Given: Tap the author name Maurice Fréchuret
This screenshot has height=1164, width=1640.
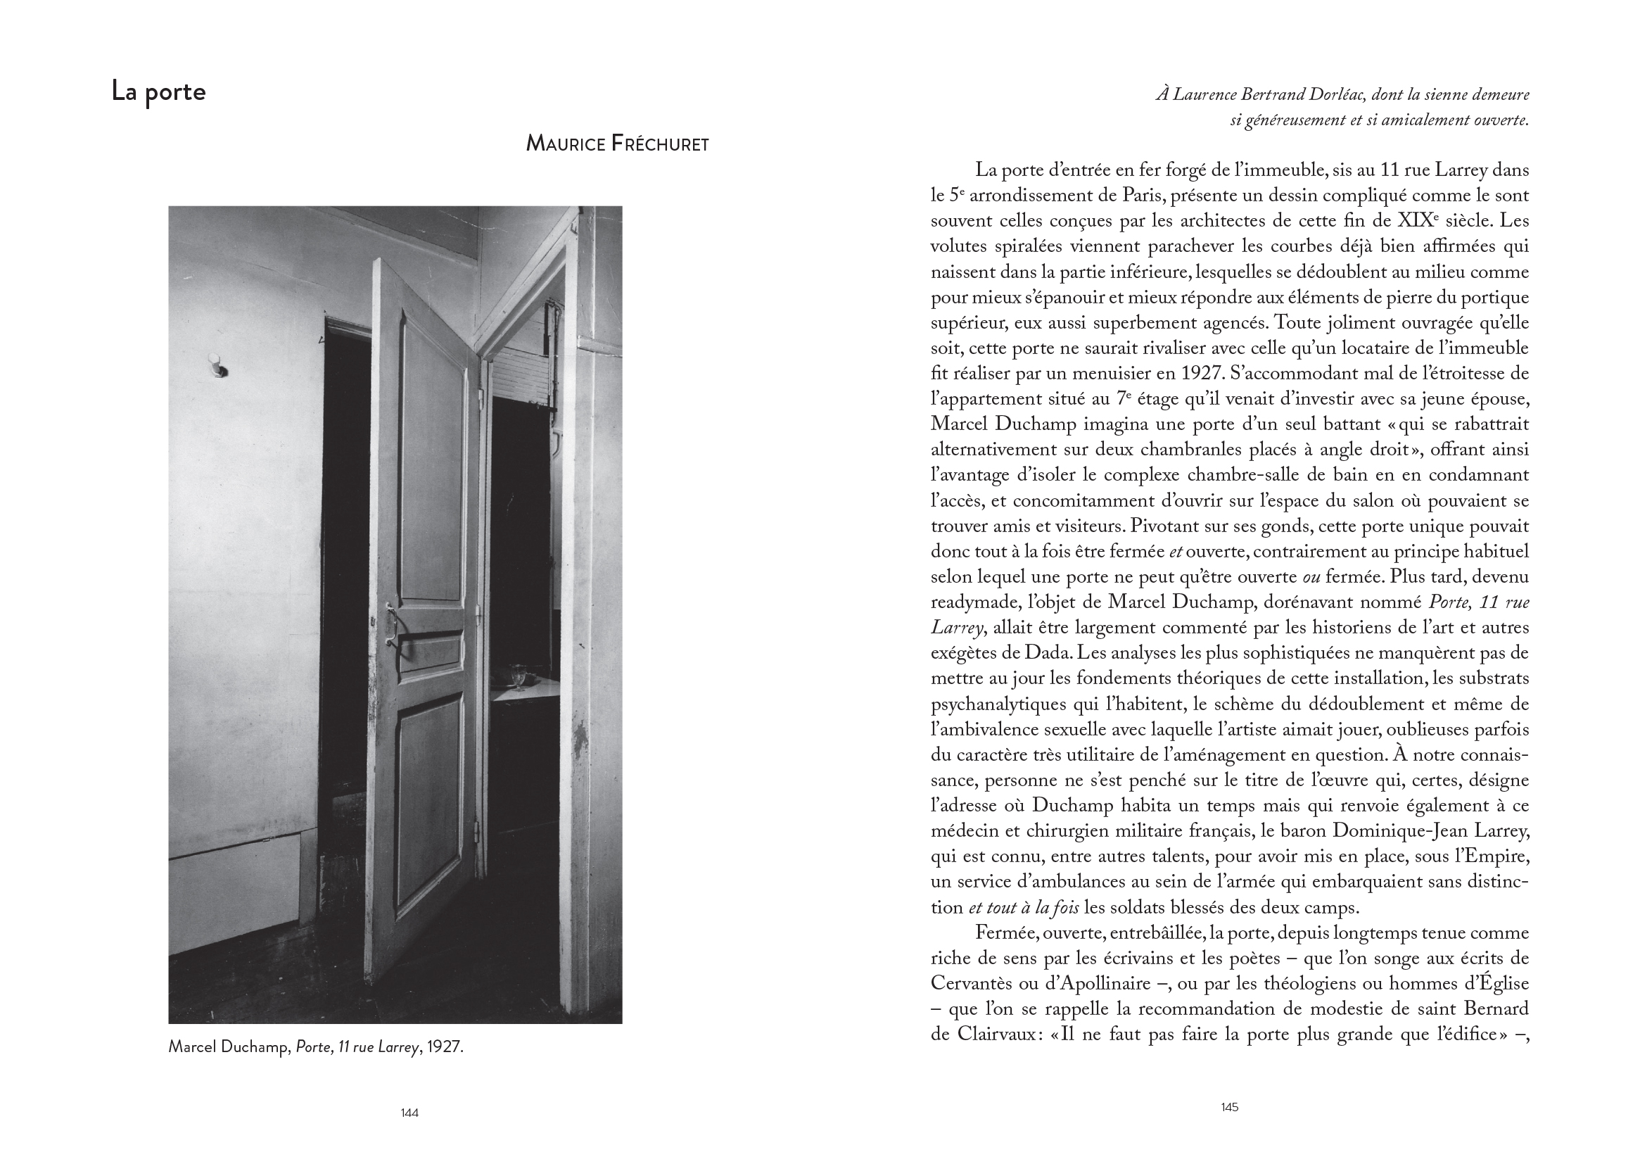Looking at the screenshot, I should pos(617,144).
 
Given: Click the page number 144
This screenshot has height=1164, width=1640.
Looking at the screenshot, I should pos(409,1113).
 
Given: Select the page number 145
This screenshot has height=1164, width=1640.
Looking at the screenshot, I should pos(1229,1108).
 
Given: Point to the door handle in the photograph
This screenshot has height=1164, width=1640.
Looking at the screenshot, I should pos(391,619).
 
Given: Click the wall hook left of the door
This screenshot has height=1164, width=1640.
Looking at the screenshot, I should pos(216,365).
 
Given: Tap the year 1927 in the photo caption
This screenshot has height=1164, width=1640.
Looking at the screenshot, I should pos(445,1047).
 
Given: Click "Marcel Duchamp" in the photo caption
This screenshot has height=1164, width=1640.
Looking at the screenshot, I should pos(229,1047).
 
